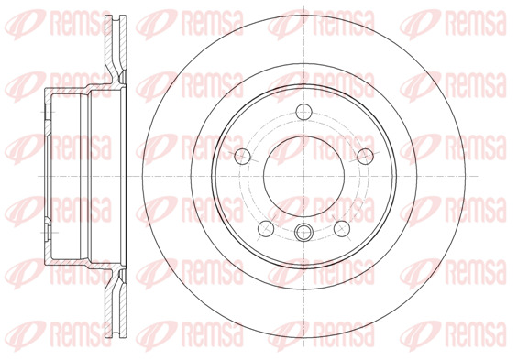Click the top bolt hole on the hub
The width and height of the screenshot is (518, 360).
(304, 112)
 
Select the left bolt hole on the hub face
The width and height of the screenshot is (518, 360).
(242, 156)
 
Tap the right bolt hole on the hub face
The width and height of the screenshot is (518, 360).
(366, 156)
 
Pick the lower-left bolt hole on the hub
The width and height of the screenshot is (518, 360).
(266, 229)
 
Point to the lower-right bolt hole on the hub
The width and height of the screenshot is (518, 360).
(342, 229)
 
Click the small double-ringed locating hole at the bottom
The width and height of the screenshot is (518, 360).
(303, 232)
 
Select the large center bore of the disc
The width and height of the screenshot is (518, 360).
(304, 176)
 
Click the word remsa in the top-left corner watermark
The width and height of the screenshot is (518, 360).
(81, 24)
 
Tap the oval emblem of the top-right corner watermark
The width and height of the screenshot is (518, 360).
(420, 24)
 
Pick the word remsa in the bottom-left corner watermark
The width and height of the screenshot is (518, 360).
(81, 335)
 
